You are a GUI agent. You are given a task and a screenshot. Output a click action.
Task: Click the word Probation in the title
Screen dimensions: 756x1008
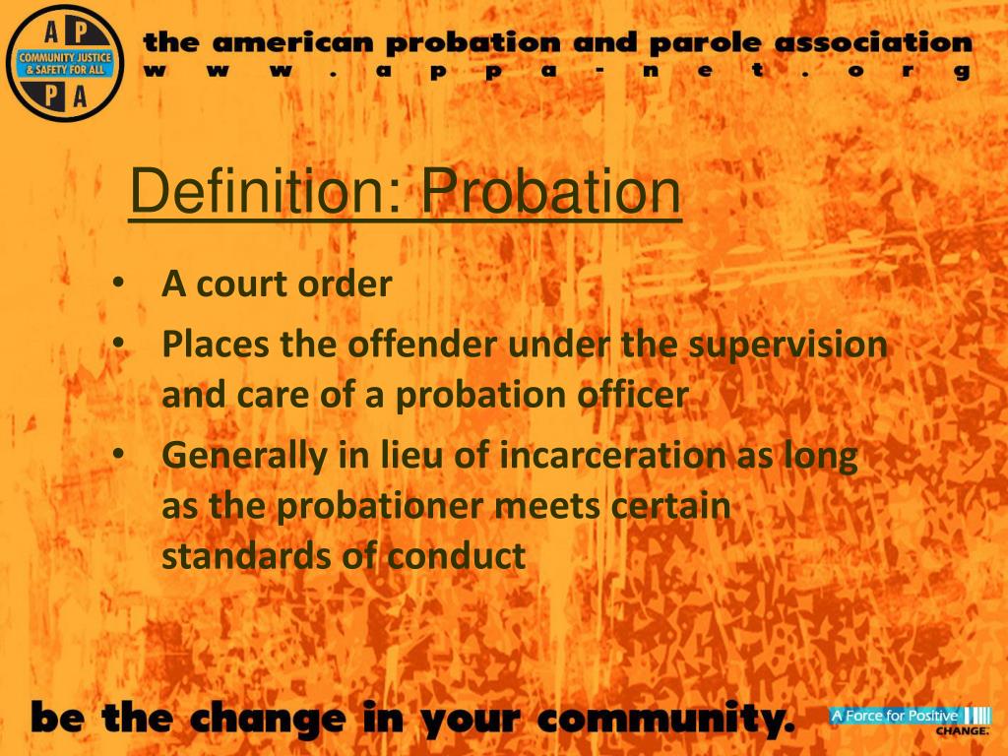tap(551, 194)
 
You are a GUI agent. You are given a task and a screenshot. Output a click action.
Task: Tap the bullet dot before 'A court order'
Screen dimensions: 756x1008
tap(118, 284)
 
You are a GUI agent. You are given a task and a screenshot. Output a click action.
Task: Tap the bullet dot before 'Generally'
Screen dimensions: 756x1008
tap(118, 455)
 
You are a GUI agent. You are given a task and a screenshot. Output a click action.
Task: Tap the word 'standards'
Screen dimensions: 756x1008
tap(243, 556)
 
